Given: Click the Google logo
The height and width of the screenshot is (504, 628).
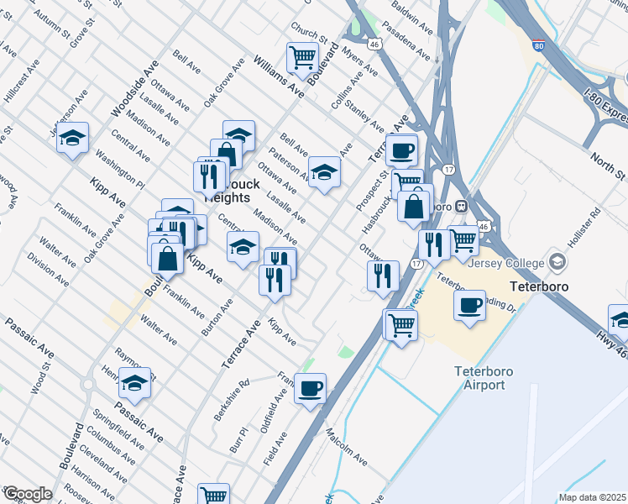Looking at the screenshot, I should [27, 494].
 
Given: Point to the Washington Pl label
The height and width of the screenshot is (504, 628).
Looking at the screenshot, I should [119, 166].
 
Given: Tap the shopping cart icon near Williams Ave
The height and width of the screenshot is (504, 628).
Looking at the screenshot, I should [302, 58].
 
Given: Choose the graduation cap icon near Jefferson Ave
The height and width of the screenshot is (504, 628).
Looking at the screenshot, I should [73, 138].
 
